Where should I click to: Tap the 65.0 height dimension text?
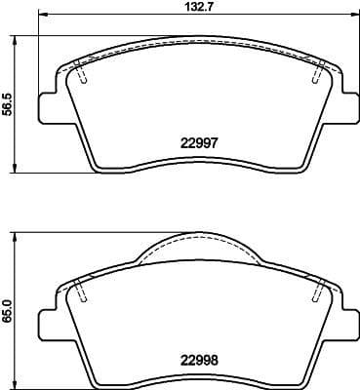[9, 302]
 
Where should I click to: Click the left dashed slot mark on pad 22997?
[81, 74]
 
